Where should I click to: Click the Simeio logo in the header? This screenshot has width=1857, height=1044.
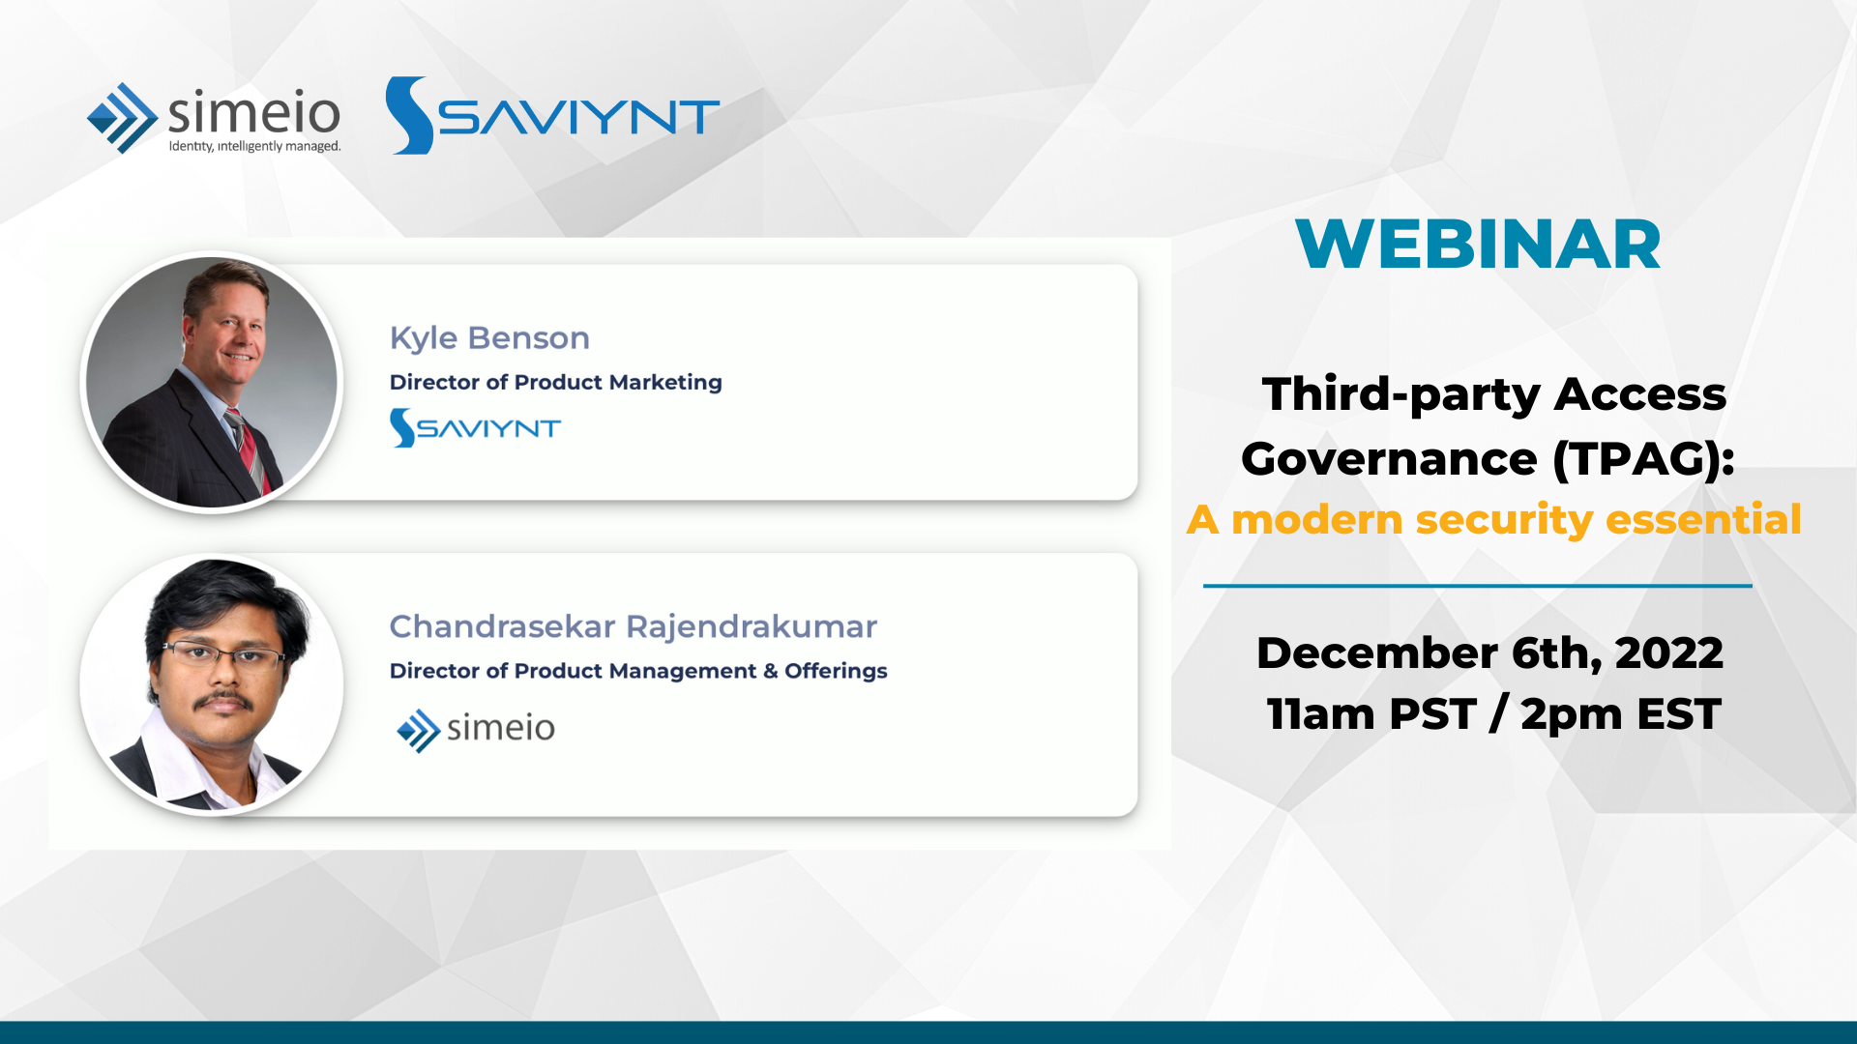point(214,118)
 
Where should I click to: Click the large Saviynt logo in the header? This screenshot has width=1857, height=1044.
point(552,116)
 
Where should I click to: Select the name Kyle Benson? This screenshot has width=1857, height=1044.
point(489,337)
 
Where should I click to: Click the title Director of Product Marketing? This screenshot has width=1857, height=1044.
point(555,382)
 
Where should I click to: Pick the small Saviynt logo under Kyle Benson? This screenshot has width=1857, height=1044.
point(475,427)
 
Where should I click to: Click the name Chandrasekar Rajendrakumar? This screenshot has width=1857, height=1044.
point(633,626)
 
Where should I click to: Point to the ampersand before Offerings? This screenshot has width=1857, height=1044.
point(771,671)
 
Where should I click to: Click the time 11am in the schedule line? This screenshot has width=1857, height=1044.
point(1321,714)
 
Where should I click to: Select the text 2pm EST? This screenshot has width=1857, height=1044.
point(1621,714)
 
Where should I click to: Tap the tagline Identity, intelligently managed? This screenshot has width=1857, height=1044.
point(254,146)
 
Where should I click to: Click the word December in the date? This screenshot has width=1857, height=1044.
point(1377,653)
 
